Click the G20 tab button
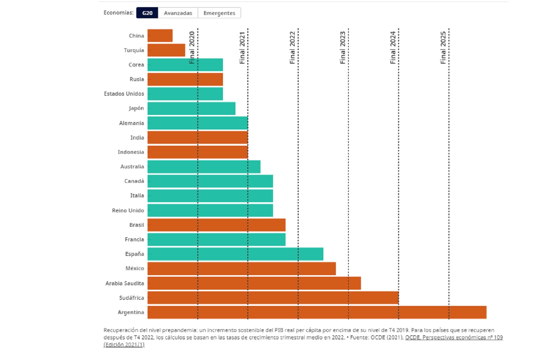pyautogui.click(x=147, y=13)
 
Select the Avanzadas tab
pyautogui.click(x=178, y=13)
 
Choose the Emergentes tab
pyautogui.click(x=219, y=13)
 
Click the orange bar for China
pyautogui.click(x=160, y=35)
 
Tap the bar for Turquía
pyautogui.click(x=166, y=50)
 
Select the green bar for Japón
pyautogui.click(x=191, y=108)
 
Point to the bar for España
pyautogui.click(x=235, y=254)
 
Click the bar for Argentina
pyautogui.click(x=317, y=312)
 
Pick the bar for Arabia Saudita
pyautogui.click(x=254, y=283)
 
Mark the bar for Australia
pyautogui.click(x=204, y=167)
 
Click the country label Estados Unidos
pyautogui.click(x=124, y=94)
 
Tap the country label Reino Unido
pyautogui.click(x=128, y=210)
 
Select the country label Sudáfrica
pyautogui.click(x=131, y=298)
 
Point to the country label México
pyautogui.click(x=135, y=268)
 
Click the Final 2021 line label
pyautogui.click(x=242, y=48)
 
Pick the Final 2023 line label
pyautogui.click(x=343, y=48)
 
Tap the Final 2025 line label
pyautogui.click(x=443, y=48)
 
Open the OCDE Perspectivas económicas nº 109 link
pyautogui.click(x=454, y=337)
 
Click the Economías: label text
pyautogui.click(x=118, y=13)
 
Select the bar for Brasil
pyautogui.click(x=216, y=225)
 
